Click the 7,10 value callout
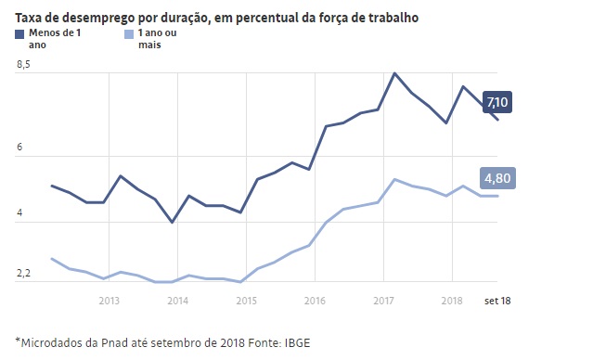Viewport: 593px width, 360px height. pos(496,102)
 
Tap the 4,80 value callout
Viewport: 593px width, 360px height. pos(497,178)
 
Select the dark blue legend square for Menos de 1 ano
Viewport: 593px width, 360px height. pos(19,34)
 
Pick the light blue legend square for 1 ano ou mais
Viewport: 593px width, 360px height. pos(129,34)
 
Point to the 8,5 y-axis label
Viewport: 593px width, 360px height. pos(23,65)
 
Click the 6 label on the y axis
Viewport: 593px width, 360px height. pos(19,147)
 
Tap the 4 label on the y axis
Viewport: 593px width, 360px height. pos(19,212)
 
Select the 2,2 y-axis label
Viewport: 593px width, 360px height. pos(23,273)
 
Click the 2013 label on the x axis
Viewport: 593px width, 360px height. pos(109,301)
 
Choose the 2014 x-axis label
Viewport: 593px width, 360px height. pos(178,301)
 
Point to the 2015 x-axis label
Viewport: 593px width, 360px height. pos(246,301)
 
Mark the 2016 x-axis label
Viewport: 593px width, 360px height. pos(315,301)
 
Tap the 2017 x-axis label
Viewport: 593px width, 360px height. pos(383,301)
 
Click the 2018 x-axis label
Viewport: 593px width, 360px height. pos(452,301)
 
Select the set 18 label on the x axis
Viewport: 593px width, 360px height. pos(497,301)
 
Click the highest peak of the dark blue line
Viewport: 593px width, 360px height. pos(394,73)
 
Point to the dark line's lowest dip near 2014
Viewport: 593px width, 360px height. pos(173,222)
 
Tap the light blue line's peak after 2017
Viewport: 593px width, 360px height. pos(394,179)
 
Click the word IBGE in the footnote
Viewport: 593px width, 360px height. pos(297,343)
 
